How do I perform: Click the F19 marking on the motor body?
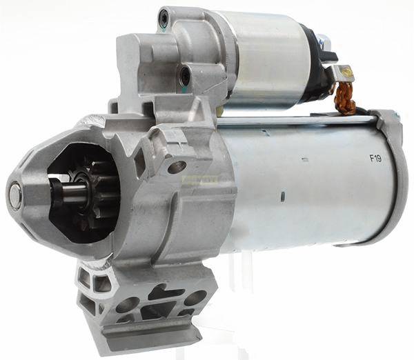coord(375,159)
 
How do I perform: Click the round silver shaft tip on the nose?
coord(16,192)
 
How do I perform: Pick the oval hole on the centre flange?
coord(177,166)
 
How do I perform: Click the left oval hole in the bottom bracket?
coord(127,303)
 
